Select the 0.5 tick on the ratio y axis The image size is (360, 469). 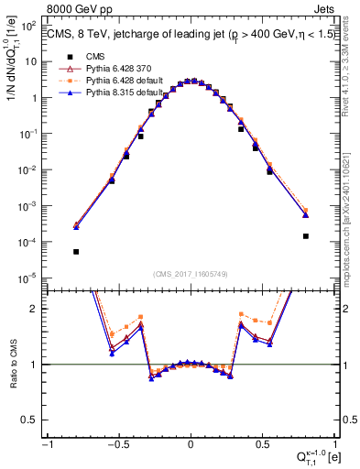32,420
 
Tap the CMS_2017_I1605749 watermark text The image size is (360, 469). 191,273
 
